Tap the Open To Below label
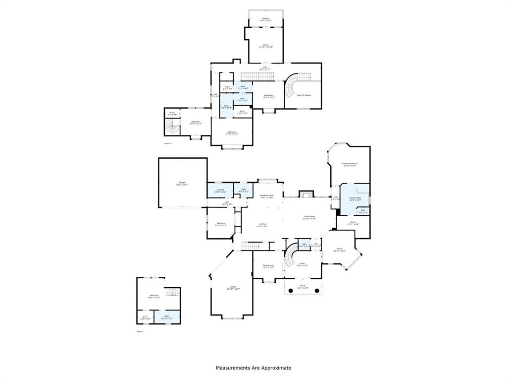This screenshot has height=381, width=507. point(304,95)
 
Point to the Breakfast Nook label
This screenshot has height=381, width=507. point(267,196)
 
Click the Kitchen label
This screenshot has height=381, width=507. point(262,225)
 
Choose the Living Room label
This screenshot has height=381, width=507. point(309,217)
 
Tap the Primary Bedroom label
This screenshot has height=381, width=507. point(349,164)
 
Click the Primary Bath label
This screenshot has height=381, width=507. point(355,198)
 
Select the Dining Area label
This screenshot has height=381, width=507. point(268,266)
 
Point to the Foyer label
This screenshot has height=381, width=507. point(302,264)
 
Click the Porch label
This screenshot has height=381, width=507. point(303,287)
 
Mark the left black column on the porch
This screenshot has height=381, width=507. point(290,290)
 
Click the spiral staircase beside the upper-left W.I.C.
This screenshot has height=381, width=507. point(171,128)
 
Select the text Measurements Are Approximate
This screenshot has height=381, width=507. point(253,368)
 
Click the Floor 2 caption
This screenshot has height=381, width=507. point(167,143)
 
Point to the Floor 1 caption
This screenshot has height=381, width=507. point(140,331)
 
